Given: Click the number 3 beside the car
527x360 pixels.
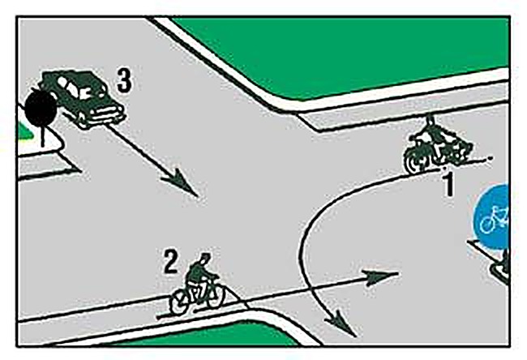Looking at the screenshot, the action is (x=124, y=82).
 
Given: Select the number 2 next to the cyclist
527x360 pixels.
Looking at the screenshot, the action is (x=171, y=262).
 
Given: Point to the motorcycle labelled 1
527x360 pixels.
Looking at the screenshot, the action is (x=437, y=146).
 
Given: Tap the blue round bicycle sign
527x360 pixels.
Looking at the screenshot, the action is (x=491, y=216).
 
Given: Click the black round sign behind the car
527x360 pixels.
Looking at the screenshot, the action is (x=41, y=108).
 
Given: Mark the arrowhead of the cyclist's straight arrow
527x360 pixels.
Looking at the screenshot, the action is (x=382, y=276).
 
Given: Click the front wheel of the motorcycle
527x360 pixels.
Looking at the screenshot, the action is (x=415, y=160).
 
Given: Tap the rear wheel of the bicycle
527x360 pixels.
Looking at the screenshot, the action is (x=181, y=302).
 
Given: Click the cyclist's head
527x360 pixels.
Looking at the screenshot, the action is (x=204, y=258).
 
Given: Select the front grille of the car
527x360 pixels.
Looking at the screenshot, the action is (x=107, y=115).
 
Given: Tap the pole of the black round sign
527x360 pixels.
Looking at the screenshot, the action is (x=43, y=135).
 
